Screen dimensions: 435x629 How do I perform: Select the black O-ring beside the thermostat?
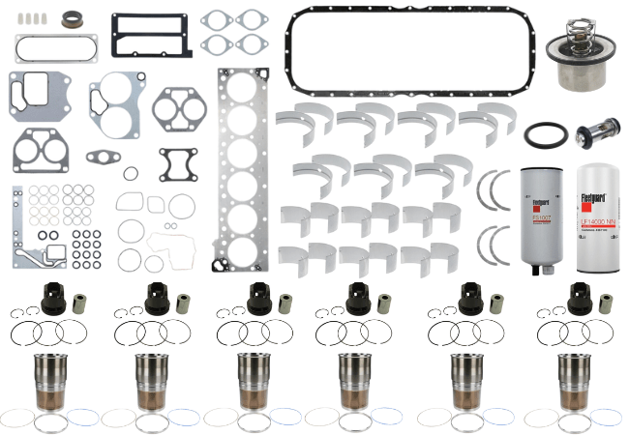(x=542, y=135)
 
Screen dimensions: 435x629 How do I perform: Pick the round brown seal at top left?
(x=72, y=19)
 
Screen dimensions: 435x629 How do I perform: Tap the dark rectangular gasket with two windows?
(x=150, y=36)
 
